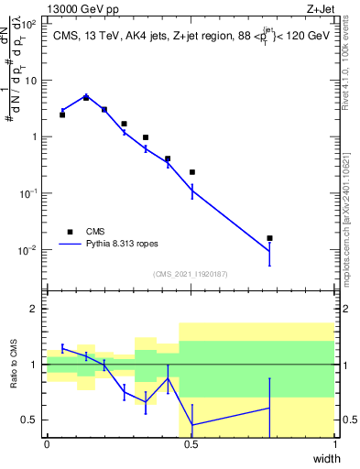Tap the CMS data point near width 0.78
(x=269, y=238)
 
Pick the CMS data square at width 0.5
(x=192, y=172)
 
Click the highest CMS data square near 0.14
(x=86, y=97)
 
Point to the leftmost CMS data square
(x=62, y=115)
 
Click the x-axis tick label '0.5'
(x=191, y=444)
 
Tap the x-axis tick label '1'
(x=334, y=444)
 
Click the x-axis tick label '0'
(x=47, y=444)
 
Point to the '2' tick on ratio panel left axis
(x=37, y=309)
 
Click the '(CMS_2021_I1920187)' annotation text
(x=191, y=274)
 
